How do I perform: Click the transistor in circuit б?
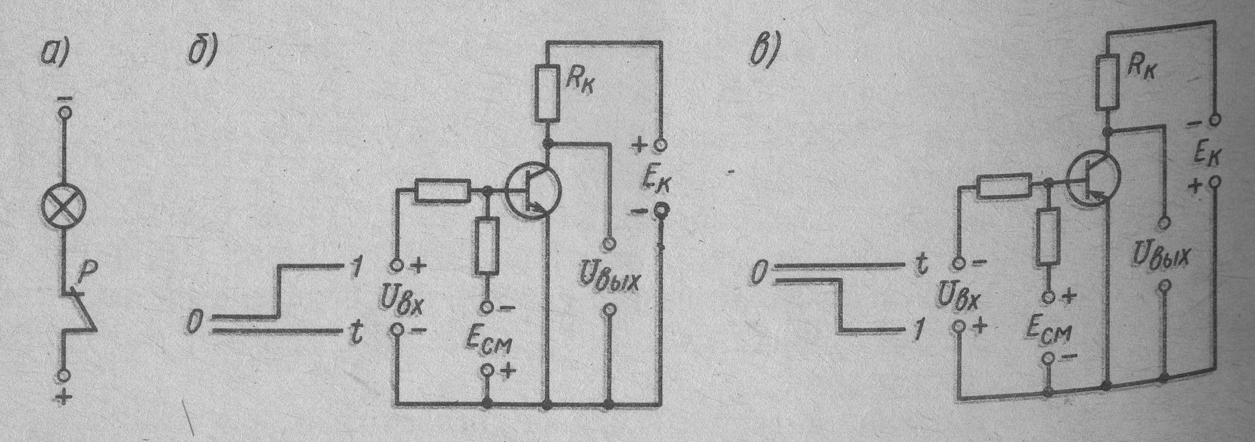click(533, 192)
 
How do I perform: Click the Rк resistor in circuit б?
click(547, 93)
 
